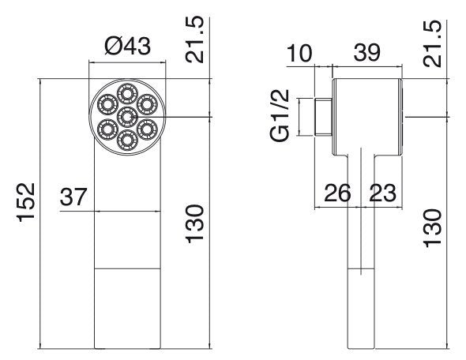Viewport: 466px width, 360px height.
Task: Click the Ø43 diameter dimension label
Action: [128, 47]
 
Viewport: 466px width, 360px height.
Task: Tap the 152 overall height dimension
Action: [26, 203]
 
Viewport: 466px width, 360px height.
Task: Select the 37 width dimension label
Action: [73, 197]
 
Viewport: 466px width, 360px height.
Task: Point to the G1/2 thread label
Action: [280, 115]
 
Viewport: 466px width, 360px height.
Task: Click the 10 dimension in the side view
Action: [299, 53]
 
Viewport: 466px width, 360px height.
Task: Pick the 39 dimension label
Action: [367, 53]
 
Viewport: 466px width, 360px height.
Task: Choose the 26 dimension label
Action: [337, 193]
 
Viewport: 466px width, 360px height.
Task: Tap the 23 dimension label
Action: [383, 193]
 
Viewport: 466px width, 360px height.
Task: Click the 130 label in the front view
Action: [194, 224]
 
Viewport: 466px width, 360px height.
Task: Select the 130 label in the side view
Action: [432, 228]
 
